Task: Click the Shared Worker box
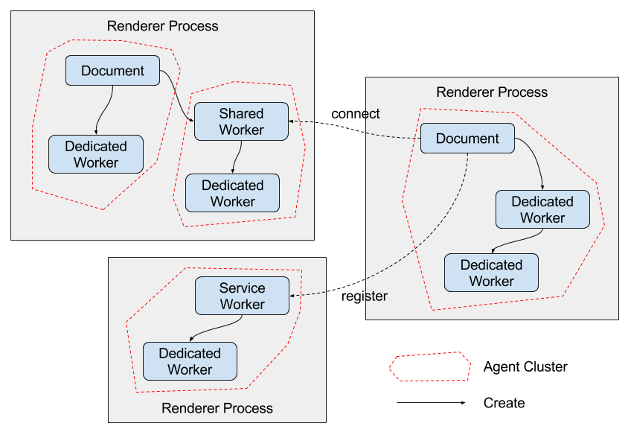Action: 241,121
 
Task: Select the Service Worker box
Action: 242,296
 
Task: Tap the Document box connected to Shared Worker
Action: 112,71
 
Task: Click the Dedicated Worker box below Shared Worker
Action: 232,193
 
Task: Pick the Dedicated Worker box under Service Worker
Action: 190,361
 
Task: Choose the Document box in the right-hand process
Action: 467,139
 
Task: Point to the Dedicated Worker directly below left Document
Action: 96,154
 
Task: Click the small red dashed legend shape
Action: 430,366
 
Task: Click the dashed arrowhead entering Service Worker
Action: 293,296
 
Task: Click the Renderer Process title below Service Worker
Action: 217,408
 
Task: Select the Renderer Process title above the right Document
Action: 492,92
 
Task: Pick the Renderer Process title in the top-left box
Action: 163,26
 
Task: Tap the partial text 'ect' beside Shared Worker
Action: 370,113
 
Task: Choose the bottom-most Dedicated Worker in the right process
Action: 491,273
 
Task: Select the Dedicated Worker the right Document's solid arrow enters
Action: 542,209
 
